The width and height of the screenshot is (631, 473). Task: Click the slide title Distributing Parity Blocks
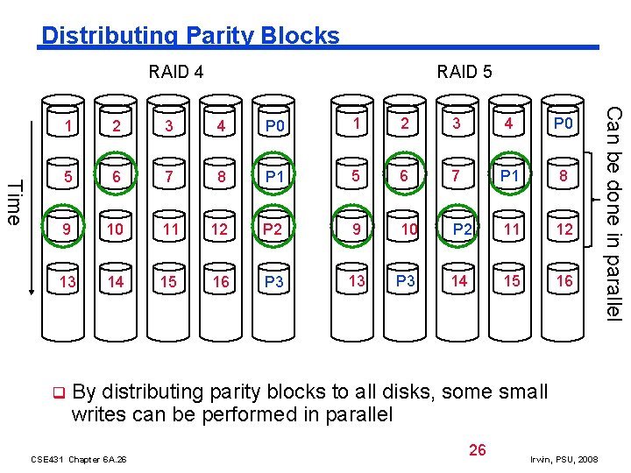pos(190,36)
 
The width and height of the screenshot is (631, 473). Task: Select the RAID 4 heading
pos(176,72)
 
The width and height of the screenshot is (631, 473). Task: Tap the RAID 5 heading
pos(464,72)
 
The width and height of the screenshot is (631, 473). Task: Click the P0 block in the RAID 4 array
pos(275,126)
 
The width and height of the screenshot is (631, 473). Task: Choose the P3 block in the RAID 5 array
pos(405,281)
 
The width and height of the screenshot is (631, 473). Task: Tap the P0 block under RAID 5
pos(563,124)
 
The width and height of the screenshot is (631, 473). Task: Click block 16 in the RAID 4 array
pos(222,282)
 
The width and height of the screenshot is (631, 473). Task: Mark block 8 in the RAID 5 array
pos(563,178)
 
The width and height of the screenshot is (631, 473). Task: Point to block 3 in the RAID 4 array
pos(169,126)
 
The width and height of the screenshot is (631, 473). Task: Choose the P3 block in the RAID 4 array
pos(274,282)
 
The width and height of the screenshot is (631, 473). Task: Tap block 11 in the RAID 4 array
pos(169,230)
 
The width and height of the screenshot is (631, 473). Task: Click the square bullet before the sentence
pos(57,392)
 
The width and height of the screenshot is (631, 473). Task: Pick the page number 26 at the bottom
pos(477,450)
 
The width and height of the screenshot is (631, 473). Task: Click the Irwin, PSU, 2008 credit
pos(564,459)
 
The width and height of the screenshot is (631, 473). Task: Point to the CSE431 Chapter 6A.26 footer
pos(78,459)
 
